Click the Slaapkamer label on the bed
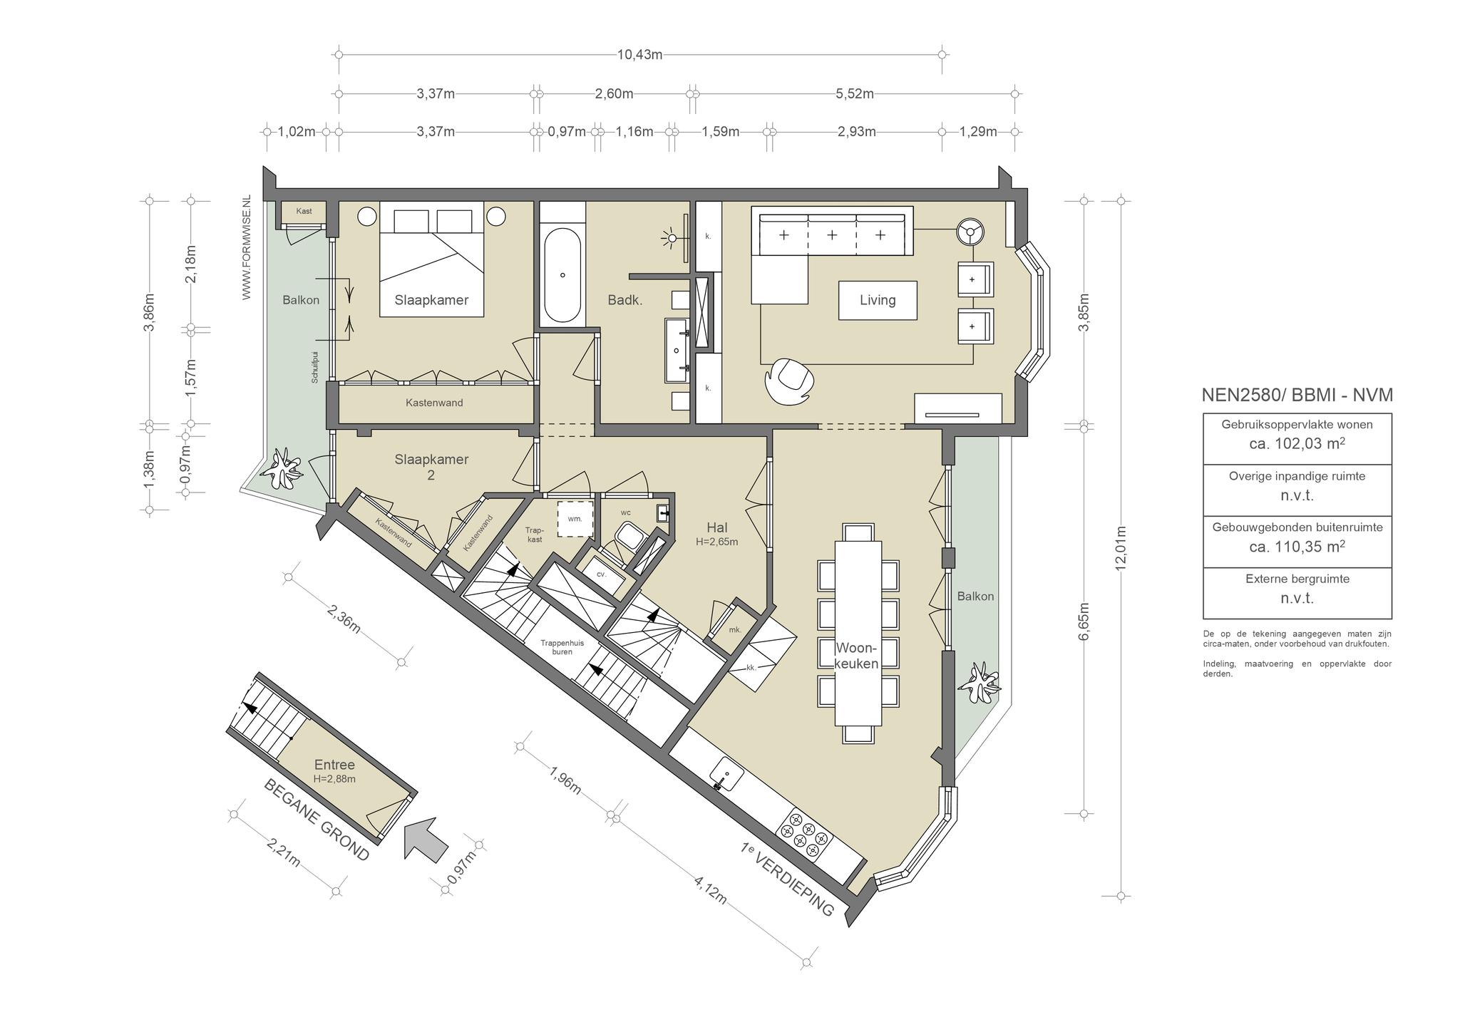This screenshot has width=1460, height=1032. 431,300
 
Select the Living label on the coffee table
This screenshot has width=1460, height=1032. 877,300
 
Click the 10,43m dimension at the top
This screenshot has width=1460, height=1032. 639,54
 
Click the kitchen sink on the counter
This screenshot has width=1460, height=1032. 726,773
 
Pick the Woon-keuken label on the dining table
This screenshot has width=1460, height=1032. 857,656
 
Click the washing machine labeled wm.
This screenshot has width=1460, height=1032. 575,519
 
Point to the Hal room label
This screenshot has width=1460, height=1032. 716,527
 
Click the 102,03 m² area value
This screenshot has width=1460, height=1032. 1297,443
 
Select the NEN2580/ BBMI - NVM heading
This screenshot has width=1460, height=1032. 1297,395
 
